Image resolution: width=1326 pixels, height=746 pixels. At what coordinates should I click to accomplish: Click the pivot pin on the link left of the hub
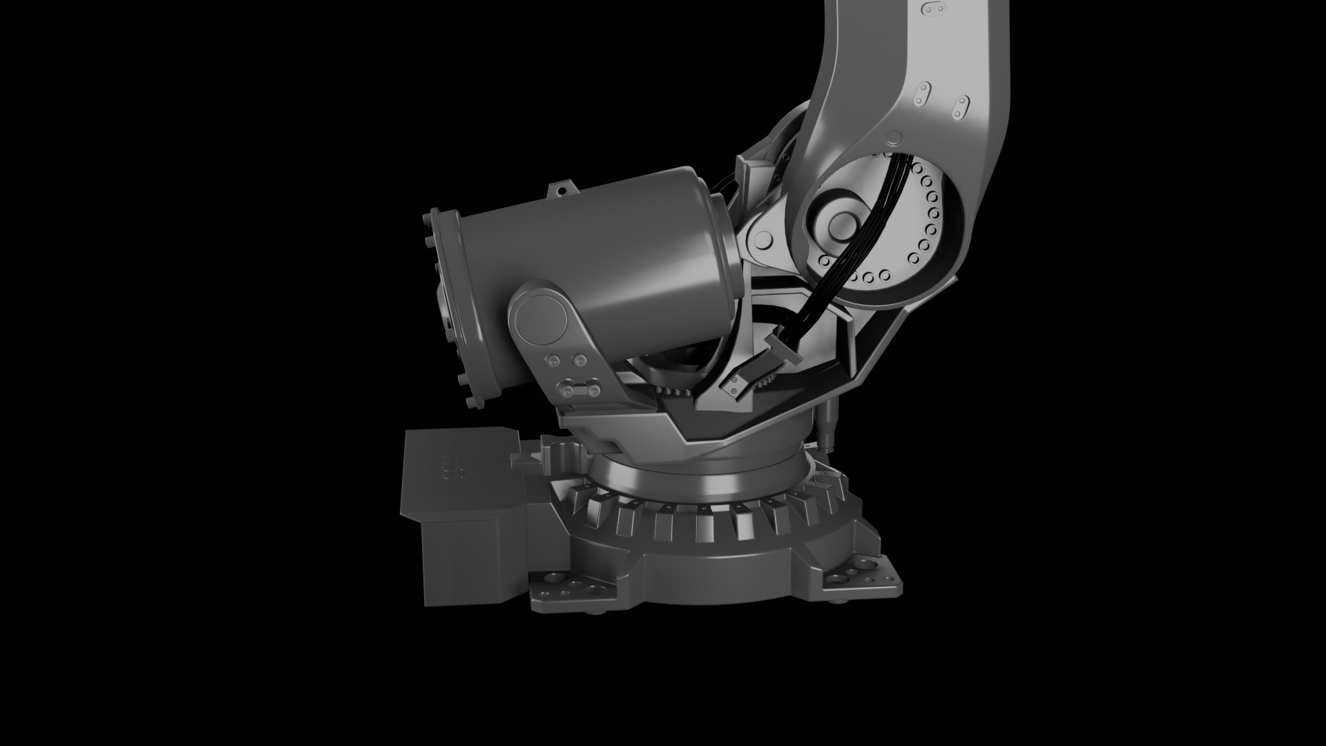(x=763, y=240)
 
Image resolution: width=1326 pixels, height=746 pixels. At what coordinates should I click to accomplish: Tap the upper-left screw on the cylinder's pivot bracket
(x=552, y=361)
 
